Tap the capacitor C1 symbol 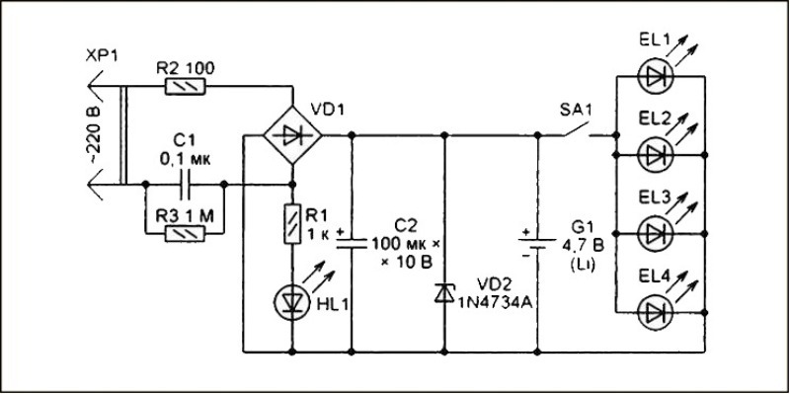(x=184, y=184)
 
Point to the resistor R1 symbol (x=292, y=222)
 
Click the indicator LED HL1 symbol (x=292, y=301)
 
